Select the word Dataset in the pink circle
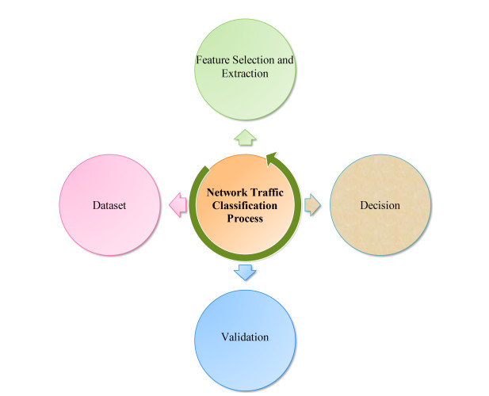tap(109, 205)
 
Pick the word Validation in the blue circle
tap(245, 337)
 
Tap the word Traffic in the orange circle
tap(267, 192)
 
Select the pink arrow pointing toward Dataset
tap(178, 206)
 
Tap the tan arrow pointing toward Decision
tap(311, 206)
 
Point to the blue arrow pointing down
tap(245, 273)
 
